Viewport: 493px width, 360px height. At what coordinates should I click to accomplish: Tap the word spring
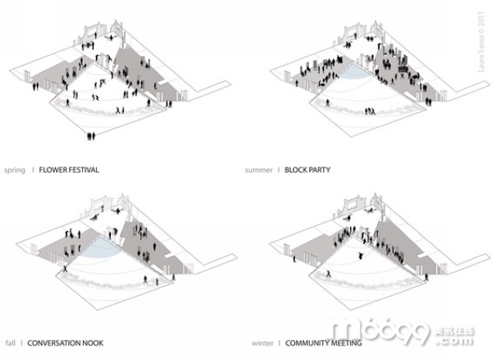coord(14,170)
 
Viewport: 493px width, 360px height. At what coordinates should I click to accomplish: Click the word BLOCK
coord(296,170)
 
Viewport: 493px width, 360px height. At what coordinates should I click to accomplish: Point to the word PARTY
coord(321,170)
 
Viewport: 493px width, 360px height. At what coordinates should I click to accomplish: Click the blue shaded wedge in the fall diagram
coord(104,247)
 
